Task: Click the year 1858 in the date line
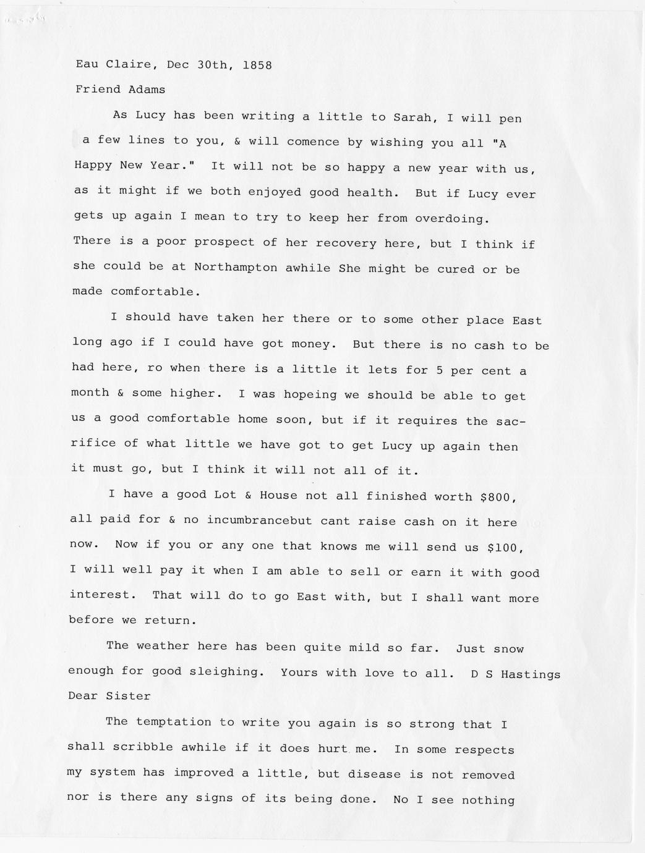tap(257, 64)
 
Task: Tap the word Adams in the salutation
tap(147, 89)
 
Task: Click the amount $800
tap(498, 497)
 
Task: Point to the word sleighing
tap(220, 671)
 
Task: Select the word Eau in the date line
tap(87, 64)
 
